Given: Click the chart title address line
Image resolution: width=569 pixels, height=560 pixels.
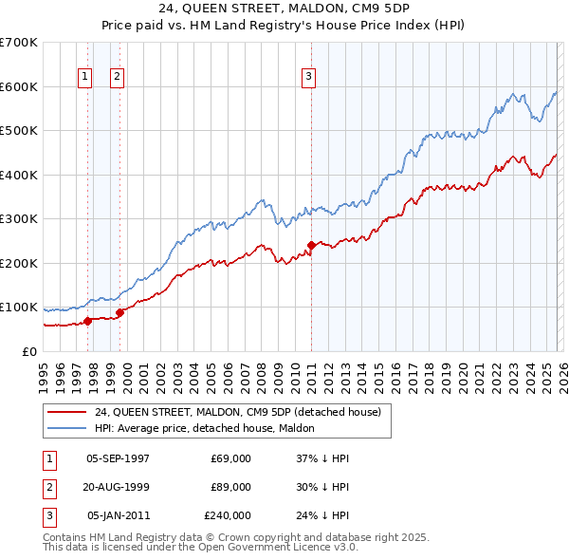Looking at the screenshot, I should (284, 9).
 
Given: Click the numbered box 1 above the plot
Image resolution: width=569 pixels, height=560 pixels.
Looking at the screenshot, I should (85, 77).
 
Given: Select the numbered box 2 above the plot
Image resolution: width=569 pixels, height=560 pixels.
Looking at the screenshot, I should (117, 77).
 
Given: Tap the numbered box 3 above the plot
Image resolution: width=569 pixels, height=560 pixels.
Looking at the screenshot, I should (309, 77).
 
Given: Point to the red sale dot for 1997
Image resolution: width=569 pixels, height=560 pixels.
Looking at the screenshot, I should (87, 321).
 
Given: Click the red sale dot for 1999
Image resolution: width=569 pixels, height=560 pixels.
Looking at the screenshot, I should (120, 311).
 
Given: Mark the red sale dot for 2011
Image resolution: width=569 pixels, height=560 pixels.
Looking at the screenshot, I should (311, 245).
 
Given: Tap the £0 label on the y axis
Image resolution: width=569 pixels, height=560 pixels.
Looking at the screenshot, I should (30, 351).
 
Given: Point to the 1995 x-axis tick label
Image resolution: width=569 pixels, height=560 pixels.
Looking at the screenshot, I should (44, 375).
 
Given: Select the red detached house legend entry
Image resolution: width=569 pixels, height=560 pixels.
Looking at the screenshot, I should (237, 412).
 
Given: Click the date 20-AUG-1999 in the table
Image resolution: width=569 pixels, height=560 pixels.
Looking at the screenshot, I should (118, 487).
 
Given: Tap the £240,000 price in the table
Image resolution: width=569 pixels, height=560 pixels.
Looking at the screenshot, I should (228, 515).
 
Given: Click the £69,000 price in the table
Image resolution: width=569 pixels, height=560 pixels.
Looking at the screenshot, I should (231, 458).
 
